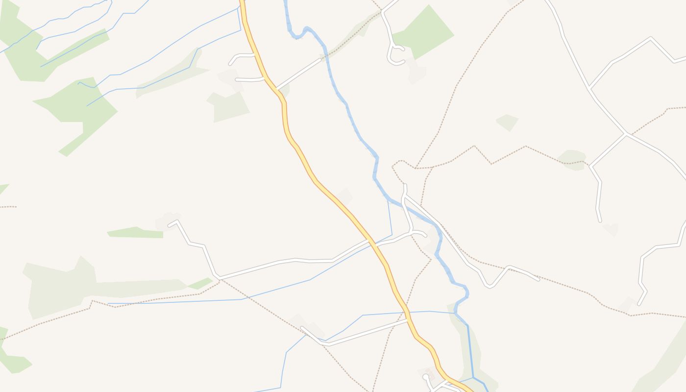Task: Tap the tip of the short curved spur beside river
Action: click(425, 236)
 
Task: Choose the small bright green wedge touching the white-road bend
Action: click(201, 283)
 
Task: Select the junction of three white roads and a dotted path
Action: click(626, 133)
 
